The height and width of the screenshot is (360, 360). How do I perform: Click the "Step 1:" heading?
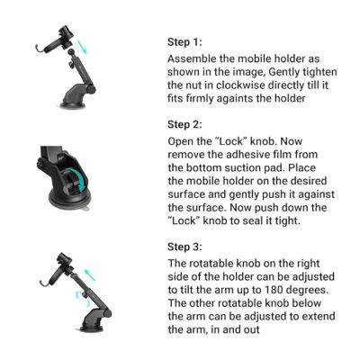(184, 42)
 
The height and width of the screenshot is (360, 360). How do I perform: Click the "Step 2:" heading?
(184, 124)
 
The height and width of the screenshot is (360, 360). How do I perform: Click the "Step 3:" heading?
(184, 247)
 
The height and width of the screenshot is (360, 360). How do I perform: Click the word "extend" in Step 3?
(319, 316)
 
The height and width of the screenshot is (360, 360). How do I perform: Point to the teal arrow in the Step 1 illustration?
(82, 48)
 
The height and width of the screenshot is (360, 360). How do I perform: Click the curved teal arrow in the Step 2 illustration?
(78, 180)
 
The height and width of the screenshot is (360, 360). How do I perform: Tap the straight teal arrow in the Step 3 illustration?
(90, 275)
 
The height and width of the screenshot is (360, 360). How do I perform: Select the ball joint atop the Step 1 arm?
(71, 52)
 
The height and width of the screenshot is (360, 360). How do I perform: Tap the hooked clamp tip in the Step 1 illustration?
(38, 48)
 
